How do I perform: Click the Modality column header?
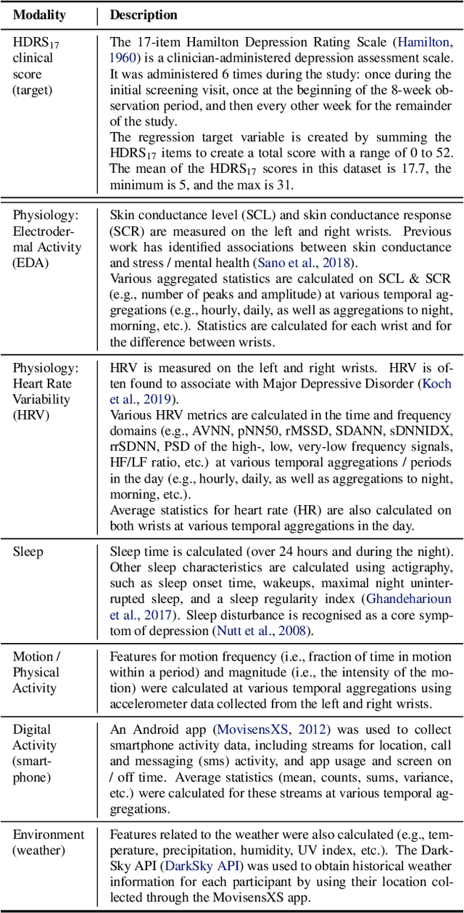pyautogui.click(x=39, y=15)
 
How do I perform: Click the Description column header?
pyautogui.click(x=144, y=15)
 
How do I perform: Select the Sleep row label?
pyautogui.click(x=28, y=552)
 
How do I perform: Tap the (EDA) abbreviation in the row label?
pyautogui.click(x=30, y=263)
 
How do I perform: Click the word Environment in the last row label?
pyautogui.click(x=48, y=835)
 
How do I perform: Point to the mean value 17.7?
pyautogui.click(x=390, y=169)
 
